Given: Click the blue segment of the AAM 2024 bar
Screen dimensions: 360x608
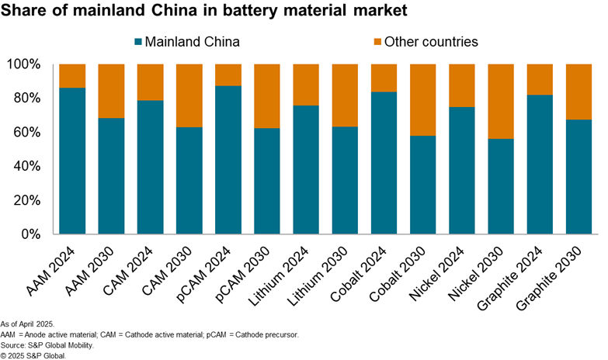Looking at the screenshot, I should click(x=72, y=161).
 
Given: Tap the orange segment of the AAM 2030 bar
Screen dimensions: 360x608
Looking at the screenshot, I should click(x=111, y=91).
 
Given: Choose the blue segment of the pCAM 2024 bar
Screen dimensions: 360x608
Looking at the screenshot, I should click(x=228, y=160).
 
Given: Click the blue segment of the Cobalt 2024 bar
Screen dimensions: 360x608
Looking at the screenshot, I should click(x=384, y=163).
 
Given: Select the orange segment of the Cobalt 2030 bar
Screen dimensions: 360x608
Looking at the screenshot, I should click(x=422, y=99).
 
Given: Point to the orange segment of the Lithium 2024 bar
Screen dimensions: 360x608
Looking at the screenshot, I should click(x=306, y=85).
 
